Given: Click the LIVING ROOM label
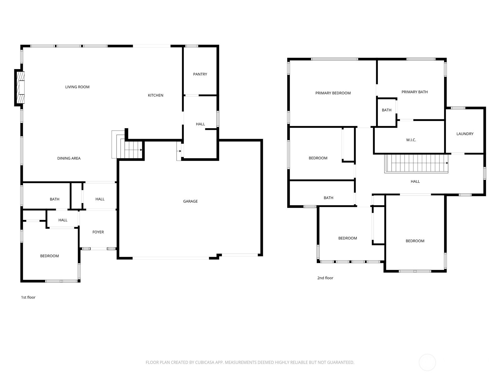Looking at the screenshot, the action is tap(77, 87).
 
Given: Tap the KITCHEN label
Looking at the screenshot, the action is tap(156, 95).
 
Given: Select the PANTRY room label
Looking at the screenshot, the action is tap(200, 74).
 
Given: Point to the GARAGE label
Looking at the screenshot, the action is tap(190, 201).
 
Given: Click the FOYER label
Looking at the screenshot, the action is tap(98, 232).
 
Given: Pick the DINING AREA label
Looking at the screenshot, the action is tap(69, 158).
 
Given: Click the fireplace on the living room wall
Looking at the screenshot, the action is tap(20, 88).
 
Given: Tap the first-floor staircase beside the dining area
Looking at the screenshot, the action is tap(127, 144).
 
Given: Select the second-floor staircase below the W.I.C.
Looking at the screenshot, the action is tap(416, 163).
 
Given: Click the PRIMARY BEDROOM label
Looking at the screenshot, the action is tap(333, 93).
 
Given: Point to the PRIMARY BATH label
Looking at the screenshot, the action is tap(414, 92).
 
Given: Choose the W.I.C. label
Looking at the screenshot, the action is tap(411, 140).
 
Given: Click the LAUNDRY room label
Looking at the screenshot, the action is tap(465, 134).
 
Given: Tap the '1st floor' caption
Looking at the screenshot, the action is tap(28, 297).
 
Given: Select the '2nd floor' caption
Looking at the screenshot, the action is tap(325, 278).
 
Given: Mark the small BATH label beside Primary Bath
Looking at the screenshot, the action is tap(387, 110).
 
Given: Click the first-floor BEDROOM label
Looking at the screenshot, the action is tap(49, 256).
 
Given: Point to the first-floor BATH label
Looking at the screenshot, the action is tap(54, 199).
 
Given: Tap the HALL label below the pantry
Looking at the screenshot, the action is tap(200, 124).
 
